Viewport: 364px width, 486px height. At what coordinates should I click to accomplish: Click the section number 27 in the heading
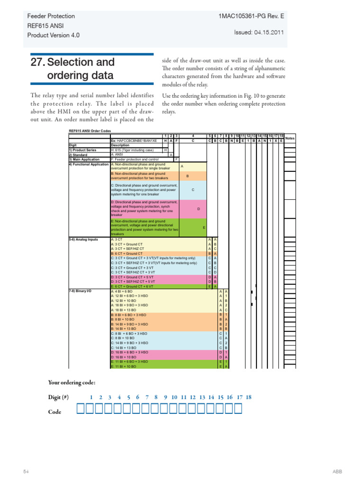[x=37, y=62]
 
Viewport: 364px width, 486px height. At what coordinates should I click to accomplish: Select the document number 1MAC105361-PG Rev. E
[x=251, y=16]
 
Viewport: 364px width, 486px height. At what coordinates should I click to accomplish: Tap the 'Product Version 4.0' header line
[x=53, y=35]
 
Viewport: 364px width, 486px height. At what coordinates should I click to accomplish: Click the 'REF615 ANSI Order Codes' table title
[x=90, y=131]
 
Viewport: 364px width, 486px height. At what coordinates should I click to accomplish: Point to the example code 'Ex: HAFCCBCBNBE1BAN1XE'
[x=134, y=141]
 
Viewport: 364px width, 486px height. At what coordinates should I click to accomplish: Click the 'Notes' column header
[x=290, y=138]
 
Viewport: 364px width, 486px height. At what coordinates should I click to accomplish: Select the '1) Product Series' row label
[x=82, y=150]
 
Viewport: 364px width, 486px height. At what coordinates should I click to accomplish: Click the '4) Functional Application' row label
[x=89, y=164]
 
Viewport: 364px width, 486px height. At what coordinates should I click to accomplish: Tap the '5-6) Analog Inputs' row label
[x=83, y=240]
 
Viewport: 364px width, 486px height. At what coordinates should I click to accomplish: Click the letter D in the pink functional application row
[x=199, y=209]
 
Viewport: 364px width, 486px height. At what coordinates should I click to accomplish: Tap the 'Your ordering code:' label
[x=72, y=383]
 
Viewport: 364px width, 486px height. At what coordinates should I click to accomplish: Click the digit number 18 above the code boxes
[x=248, y=397]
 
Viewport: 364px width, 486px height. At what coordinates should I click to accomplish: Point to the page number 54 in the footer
[x=27, y=471]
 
